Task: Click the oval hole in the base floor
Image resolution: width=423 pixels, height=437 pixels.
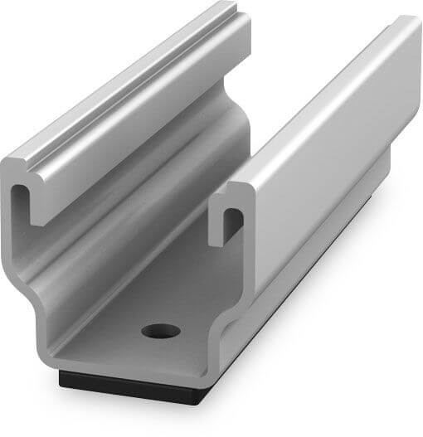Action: pos(161,331)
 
